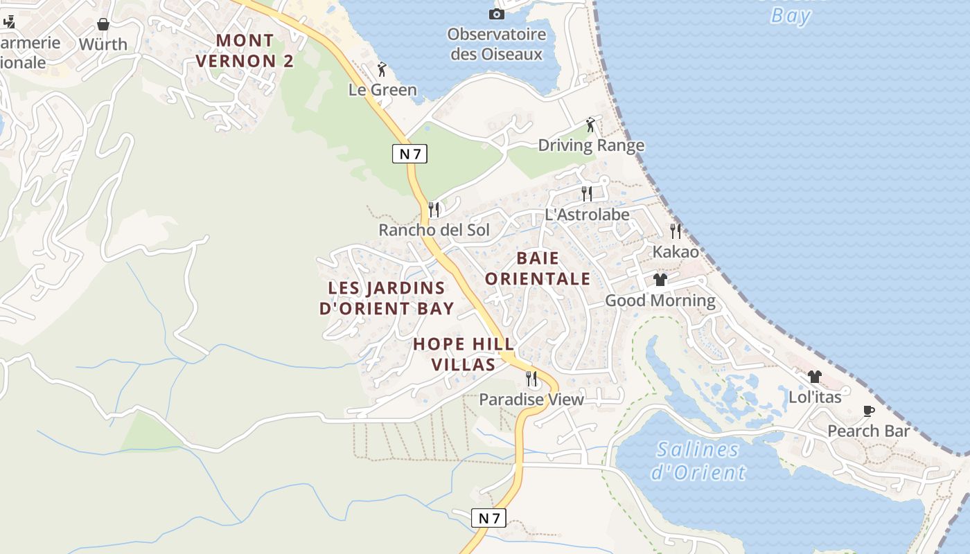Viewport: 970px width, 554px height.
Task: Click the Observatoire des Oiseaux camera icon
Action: (x=497, y=14)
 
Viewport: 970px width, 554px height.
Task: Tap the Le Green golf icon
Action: (x=382, y=69)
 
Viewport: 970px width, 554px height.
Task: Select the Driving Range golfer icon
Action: (x=590, y=125)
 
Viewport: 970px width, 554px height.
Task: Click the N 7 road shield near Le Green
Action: (x=409, y=154)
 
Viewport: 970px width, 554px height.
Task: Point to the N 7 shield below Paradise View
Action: (x=489, y=517)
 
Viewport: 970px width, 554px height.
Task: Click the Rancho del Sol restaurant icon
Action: (x=434, y=209)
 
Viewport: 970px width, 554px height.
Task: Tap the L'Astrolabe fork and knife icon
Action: (x=587, y=193)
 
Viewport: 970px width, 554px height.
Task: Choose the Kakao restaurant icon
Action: (x=676, y=231)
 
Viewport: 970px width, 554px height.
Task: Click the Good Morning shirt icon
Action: (x=660, y=280)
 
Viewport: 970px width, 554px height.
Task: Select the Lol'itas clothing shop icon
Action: (x=815, y=377)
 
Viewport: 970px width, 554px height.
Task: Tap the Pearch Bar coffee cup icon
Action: (x=869, y=411)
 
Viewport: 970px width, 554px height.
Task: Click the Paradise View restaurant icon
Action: (x=531, y=379)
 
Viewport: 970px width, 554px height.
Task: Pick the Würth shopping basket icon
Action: (x=103, y=24)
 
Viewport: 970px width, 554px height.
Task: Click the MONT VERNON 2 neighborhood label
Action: (x=245, y=51)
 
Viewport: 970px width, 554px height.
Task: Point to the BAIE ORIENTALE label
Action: (x=538, y=269)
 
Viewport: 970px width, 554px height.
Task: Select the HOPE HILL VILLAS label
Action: (x=464, y=354)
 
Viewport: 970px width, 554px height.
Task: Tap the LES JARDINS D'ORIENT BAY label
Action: (x=387, y=298)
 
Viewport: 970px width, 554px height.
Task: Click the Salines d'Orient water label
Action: (x=698, y=461)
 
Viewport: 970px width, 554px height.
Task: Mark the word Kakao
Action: (x=676, y=252)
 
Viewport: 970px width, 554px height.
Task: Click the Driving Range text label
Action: (x=591, y=145)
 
